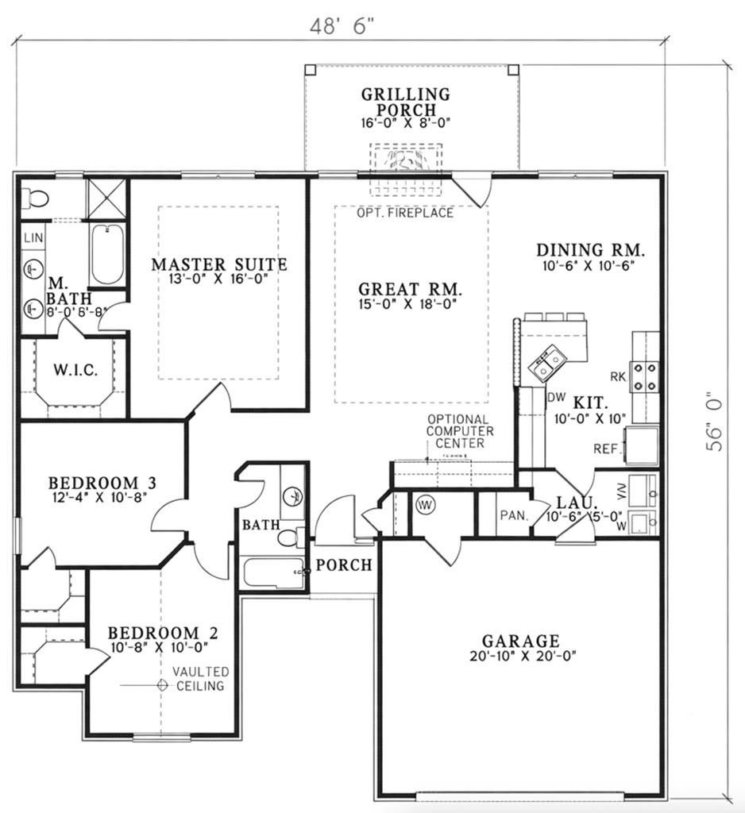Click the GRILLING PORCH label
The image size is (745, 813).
coord(405,102)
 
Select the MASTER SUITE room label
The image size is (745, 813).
coord(219,264)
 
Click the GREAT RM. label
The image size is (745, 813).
coord(410,289)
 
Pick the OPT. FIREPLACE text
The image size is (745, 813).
coord(405,213)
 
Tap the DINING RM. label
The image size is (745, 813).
coord(590,250)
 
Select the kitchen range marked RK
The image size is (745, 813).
coord(645,377)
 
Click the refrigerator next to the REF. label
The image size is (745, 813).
coord(642,445)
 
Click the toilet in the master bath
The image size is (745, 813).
coord(36,198)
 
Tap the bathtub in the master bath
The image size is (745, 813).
coord(107,255)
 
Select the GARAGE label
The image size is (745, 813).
coord(520,640)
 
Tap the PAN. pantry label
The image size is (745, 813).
coord(514,515)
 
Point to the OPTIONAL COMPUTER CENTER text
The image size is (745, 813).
coord(459,431)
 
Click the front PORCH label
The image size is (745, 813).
coord(344,565)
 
